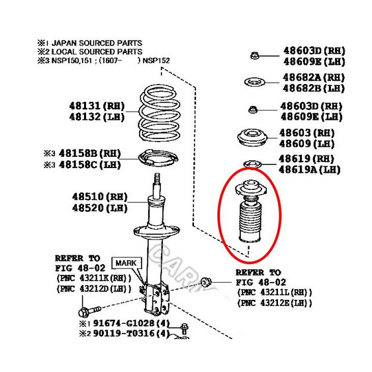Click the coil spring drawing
160,114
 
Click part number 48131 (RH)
97,106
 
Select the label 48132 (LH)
97,117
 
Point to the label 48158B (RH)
89,154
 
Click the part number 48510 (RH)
100,197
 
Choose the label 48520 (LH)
100,208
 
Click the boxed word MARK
126,263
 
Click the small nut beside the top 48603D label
254,56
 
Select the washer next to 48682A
254,82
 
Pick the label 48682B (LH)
313,88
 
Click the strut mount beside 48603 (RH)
252,138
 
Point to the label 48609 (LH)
306,144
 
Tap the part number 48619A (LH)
309,169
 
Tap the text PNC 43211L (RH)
274,293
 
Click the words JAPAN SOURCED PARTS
97,43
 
